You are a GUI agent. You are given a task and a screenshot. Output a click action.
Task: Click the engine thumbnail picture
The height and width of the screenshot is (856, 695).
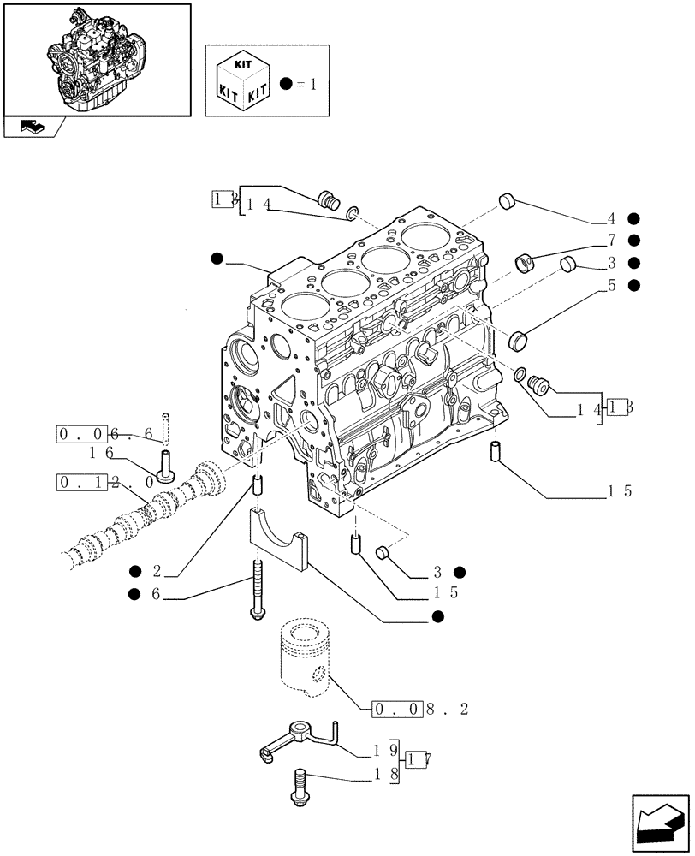tap(96, 58)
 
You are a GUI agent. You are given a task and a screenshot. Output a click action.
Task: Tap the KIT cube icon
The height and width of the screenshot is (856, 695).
tap(245, 80)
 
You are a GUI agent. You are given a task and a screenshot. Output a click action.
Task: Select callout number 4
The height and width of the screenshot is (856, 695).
tap(613, 218)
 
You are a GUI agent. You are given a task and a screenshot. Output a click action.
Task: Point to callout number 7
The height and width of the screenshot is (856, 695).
tap(613, 241)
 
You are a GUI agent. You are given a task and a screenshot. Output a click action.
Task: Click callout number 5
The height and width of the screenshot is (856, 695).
tap(613, 286)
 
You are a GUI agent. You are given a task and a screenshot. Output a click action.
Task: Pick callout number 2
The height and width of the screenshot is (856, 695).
tap(158, 571)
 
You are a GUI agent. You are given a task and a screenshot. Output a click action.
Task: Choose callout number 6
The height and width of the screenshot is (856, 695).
tap(158, 594)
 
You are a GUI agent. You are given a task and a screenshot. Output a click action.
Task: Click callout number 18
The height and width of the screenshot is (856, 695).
tap(382, 776)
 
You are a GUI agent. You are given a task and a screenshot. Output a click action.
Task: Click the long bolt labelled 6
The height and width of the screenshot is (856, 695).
tap(256, 591)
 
